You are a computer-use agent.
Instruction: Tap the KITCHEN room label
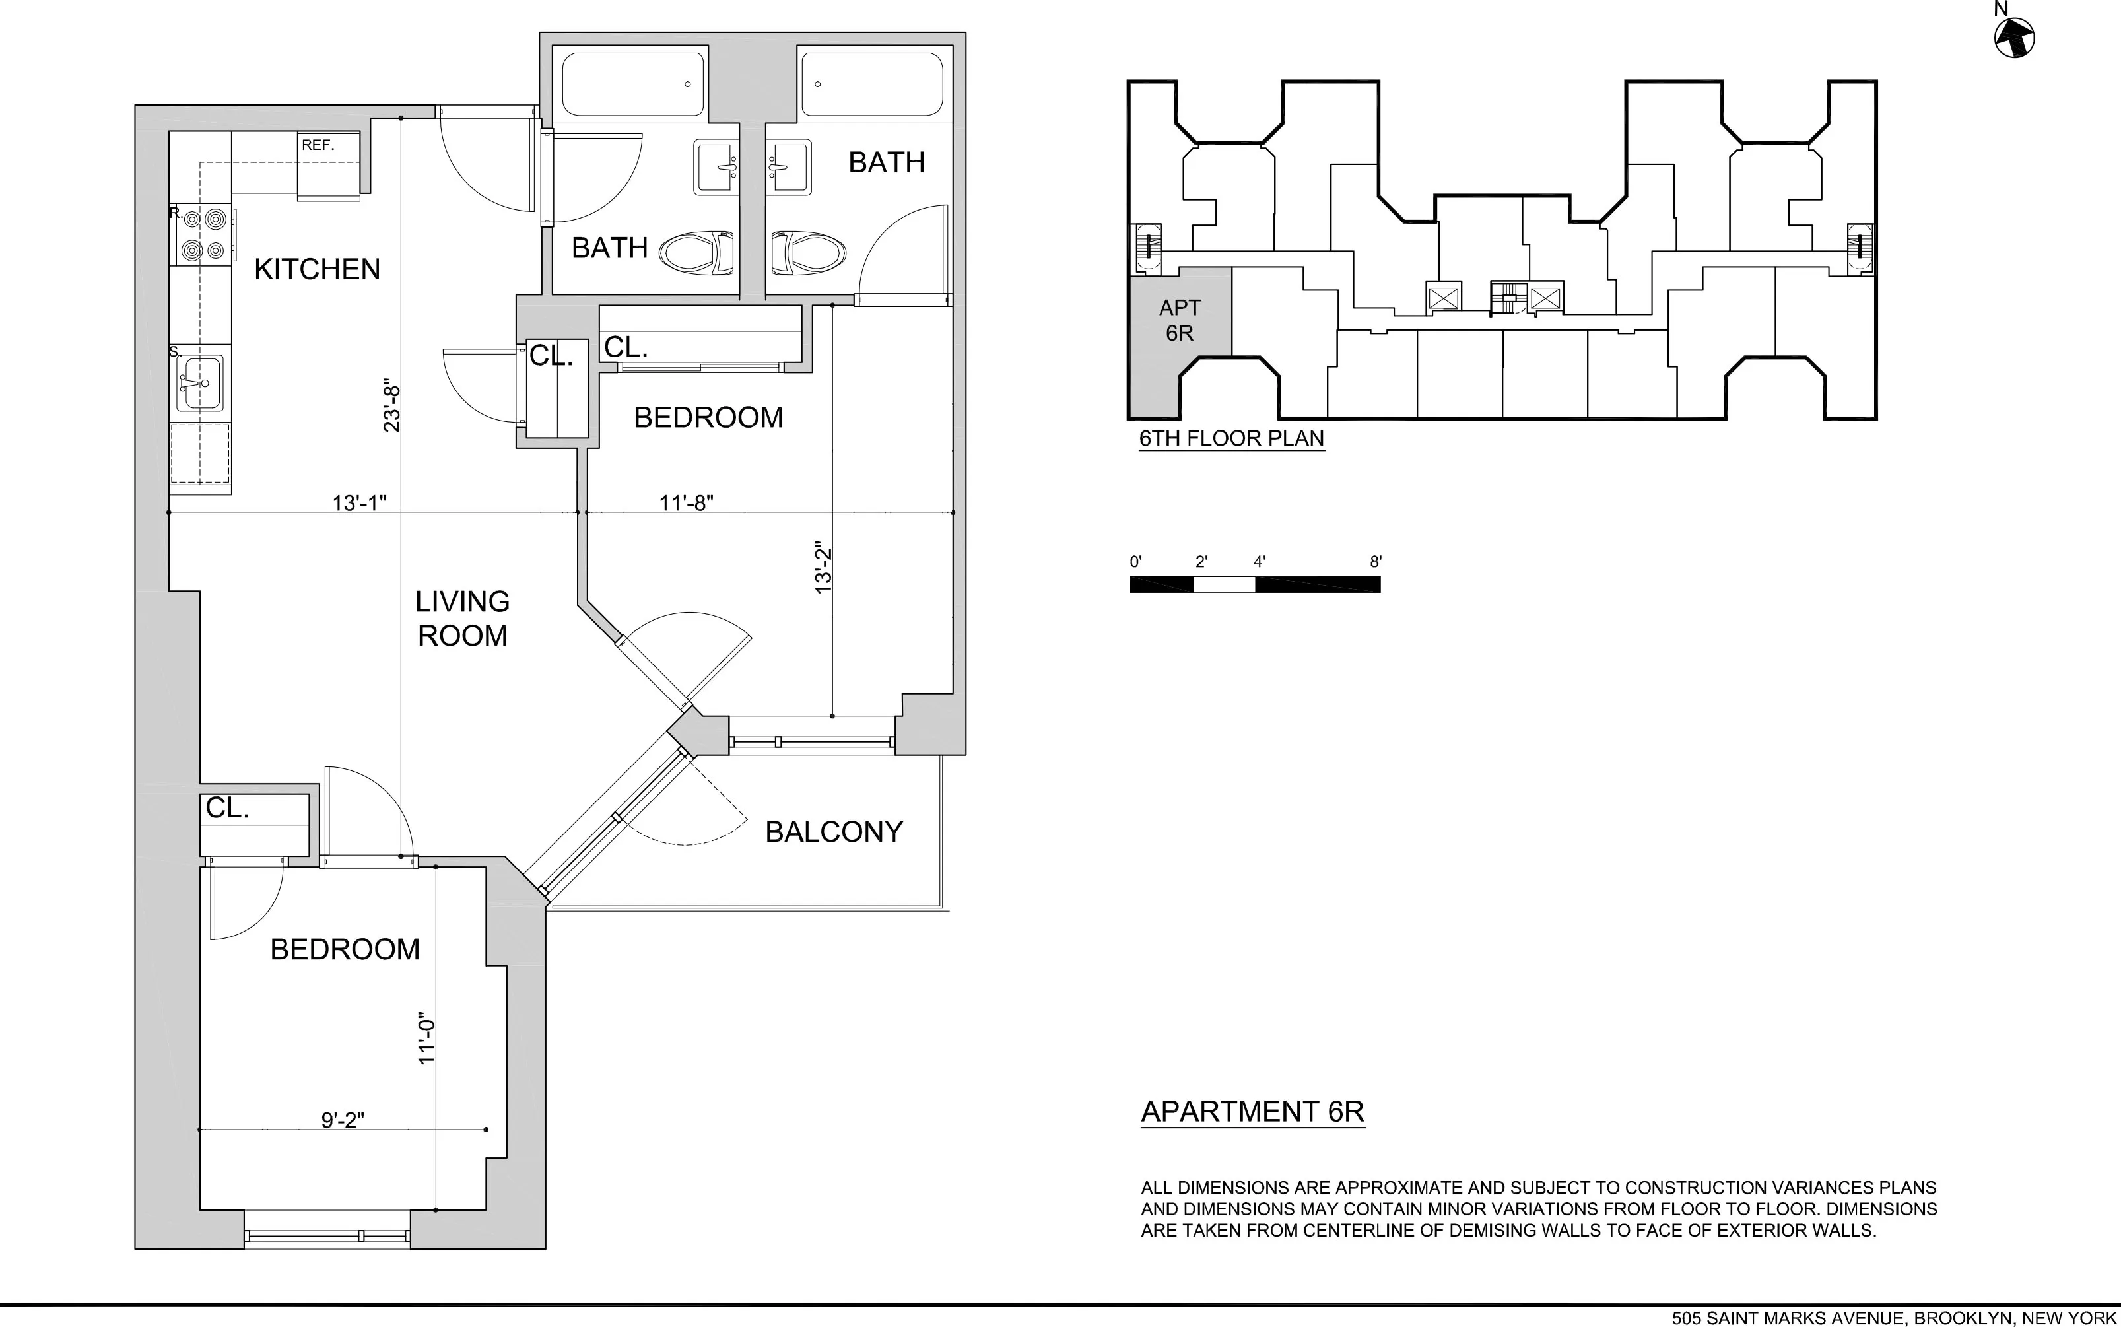click(317, 269)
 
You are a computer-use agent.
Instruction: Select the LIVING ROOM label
click(463, 619)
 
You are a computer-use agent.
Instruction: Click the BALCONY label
click(834, 832)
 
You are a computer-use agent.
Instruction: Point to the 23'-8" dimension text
click(392, 409)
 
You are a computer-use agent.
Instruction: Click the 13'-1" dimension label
click(360, 503)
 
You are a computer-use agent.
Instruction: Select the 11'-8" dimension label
click(687, 503)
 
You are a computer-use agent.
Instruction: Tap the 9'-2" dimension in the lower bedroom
click(342, 1121)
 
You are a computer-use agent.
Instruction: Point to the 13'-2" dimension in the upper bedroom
click(823, 568)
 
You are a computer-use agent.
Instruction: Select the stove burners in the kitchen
click(203, 235)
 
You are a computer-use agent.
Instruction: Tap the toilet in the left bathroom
click(696, 253)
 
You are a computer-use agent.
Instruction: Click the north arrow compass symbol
click(2014, 38)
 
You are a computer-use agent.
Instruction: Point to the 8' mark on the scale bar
click(1375, 562)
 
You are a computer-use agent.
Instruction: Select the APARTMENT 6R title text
click(1252, 1112)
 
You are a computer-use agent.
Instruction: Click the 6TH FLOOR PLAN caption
click(1231, 439)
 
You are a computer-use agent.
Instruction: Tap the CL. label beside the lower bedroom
click(227, 808)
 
